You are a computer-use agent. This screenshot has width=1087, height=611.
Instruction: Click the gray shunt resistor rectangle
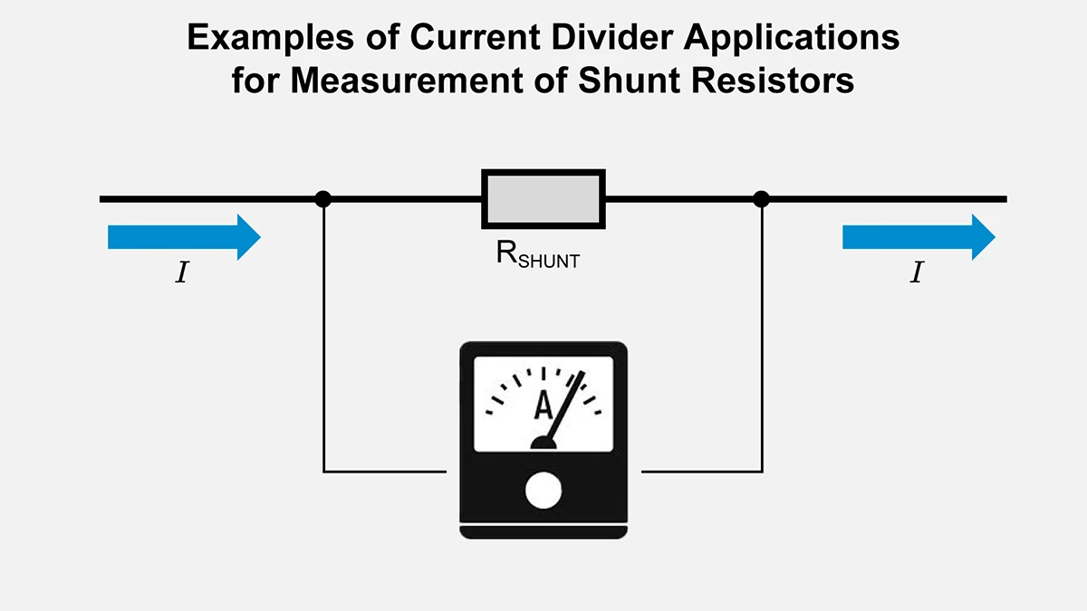click(543, 198)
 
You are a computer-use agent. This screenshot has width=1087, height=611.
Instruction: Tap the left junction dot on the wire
click(322, 198)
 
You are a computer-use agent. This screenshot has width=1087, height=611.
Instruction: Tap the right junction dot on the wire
click(762, 198)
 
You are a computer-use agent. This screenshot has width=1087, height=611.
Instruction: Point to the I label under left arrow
click(181, 273)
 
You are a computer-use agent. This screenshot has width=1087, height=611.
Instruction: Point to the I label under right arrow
click(917, 273)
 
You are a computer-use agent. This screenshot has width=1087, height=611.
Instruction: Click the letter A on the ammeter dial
click(543, 406)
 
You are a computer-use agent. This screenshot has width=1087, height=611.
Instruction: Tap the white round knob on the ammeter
click(543, 491)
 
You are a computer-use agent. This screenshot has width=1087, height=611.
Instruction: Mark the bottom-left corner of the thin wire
click(323, 472)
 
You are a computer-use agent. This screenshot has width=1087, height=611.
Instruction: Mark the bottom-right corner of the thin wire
click(762, 472)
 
